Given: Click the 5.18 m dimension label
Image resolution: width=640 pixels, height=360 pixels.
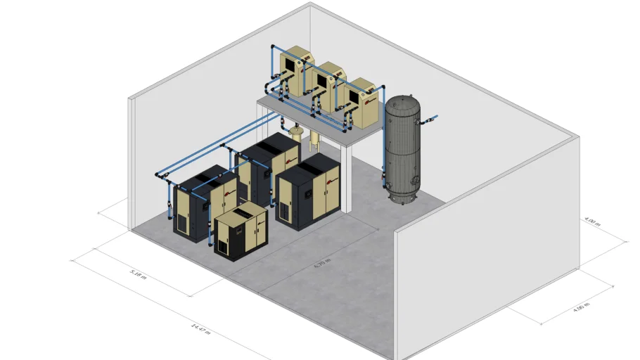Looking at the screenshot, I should click(x=139, y=274).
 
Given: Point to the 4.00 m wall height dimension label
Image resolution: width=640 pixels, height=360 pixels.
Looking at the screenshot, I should click(x=593, y=223).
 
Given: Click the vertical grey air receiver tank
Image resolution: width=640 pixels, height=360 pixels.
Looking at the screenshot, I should click(x=402, y=151).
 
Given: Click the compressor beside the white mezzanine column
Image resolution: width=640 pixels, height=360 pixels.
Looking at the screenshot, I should click(x=308, y=191).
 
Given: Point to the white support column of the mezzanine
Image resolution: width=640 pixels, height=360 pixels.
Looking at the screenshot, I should click(x=346, y=176).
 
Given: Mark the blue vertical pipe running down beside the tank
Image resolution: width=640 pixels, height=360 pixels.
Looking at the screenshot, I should click(x=383, y=151).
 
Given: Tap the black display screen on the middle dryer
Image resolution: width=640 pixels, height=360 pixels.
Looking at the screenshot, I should click(x=321, y=84).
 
